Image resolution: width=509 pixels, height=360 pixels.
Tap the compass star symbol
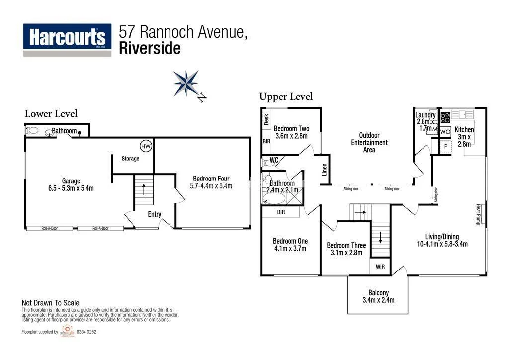186,83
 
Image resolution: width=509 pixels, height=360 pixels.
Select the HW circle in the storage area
146,146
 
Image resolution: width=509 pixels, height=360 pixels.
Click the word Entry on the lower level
154,214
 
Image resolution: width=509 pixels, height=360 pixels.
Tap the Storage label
130,159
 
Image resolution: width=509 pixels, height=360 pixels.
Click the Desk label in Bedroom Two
266,119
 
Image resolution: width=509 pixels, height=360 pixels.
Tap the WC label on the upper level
274,160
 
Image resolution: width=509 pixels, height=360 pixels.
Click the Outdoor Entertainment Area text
369,142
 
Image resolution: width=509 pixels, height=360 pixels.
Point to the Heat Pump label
478,214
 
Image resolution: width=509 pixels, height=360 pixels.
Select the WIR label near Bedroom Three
380,267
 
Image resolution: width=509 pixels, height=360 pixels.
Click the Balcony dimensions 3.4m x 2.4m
378,300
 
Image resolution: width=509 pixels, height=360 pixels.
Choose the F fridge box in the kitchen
445,146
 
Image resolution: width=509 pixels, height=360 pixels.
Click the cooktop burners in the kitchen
445,118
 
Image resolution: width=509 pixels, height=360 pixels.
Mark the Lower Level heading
51,114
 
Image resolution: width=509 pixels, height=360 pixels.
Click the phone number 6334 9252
86,332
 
